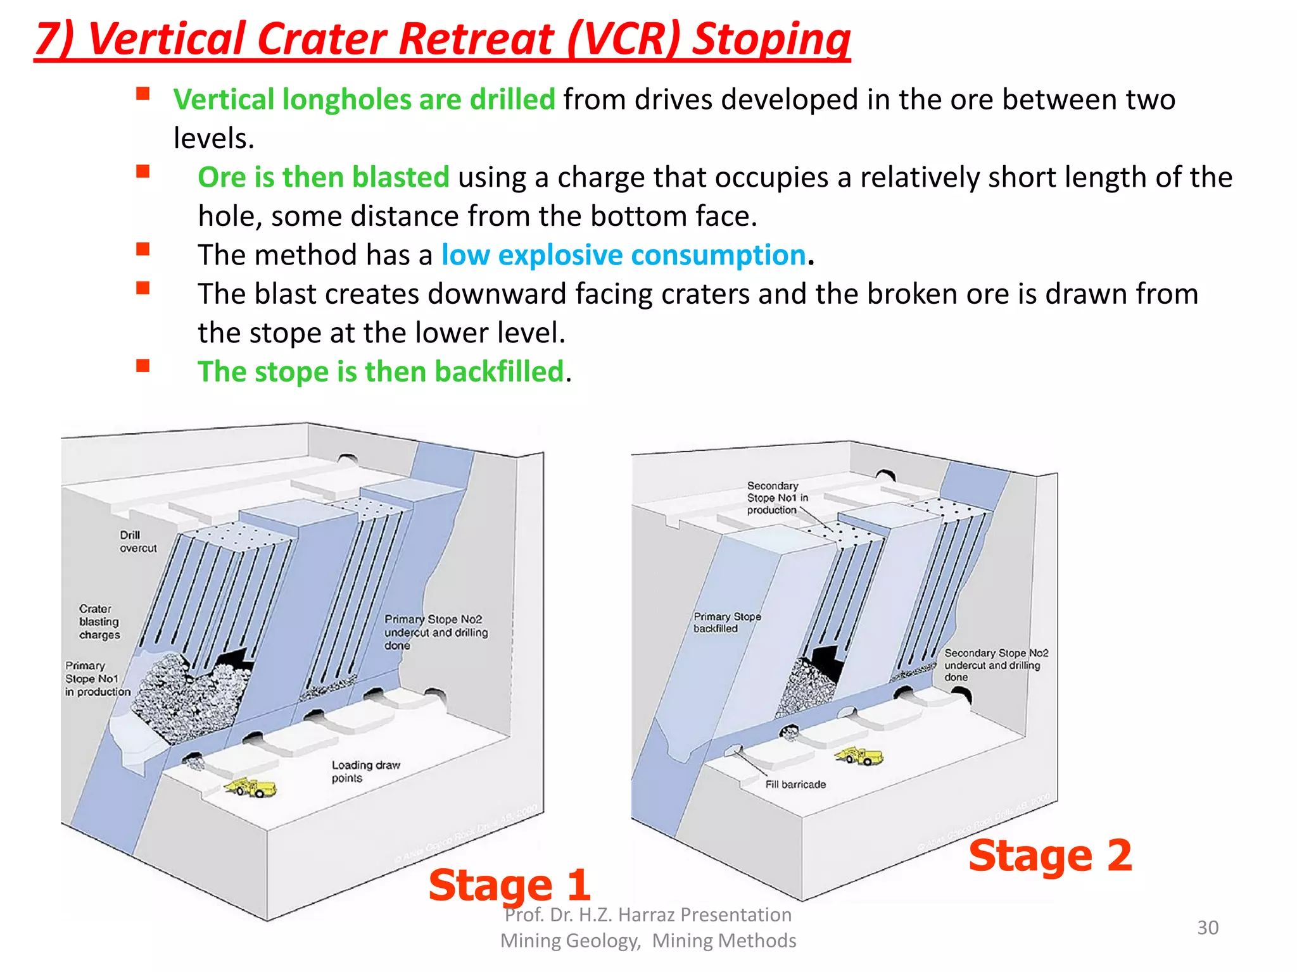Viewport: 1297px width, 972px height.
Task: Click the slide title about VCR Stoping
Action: pos(442,39)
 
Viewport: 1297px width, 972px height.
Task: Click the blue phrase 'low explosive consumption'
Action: pos(623,255)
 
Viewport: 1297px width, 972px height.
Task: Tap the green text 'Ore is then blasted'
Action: pos(323,177)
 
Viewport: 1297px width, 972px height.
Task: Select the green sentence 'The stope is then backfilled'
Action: pos(381,371)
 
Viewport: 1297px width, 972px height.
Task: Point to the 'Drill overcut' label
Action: pos(137,542)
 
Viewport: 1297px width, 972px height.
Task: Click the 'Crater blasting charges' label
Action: pos(99,621)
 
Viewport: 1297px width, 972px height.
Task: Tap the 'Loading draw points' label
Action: pos(365,771)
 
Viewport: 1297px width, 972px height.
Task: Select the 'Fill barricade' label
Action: pos(795,785)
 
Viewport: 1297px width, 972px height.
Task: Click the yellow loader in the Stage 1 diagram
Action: pos(251,788)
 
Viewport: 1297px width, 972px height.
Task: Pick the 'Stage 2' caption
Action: pos(1049,856)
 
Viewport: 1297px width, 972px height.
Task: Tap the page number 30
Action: pos(1207,928)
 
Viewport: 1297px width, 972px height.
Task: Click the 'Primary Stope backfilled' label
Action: pos(726,622)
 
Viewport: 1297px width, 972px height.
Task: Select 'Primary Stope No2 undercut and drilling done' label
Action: pos(436,632)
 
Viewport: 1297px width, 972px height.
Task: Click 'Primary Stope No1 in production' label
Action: pos(98,678)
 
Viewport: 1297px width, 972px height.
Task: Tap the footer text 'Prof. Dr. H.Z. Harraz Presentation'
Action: pos(648,915)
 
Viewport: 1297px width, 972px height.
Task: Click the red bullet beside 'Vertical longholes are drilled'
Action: pos(143,94)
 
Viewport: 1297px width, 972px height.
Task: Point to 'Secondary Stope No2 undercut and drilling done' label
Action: pos(996,665)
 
